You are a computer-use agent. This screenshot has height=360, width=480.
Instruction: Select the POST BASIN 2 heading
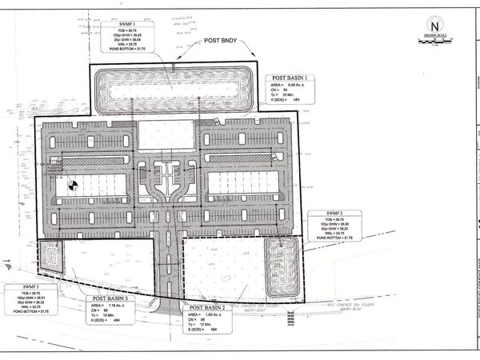pyautogui.click(x=206, y=306)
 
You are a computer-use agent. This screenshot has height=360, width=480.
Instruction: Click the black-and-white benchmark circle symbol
pyautogui.click(x=72, y=184)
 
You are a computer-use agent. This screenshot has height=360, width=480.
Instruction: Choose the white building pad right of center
pyautogui.click(x=242, y=183)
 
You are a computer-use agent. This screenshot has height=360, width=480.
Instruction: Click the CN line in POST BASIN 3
pyautogui.click(x=102, y=311)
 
